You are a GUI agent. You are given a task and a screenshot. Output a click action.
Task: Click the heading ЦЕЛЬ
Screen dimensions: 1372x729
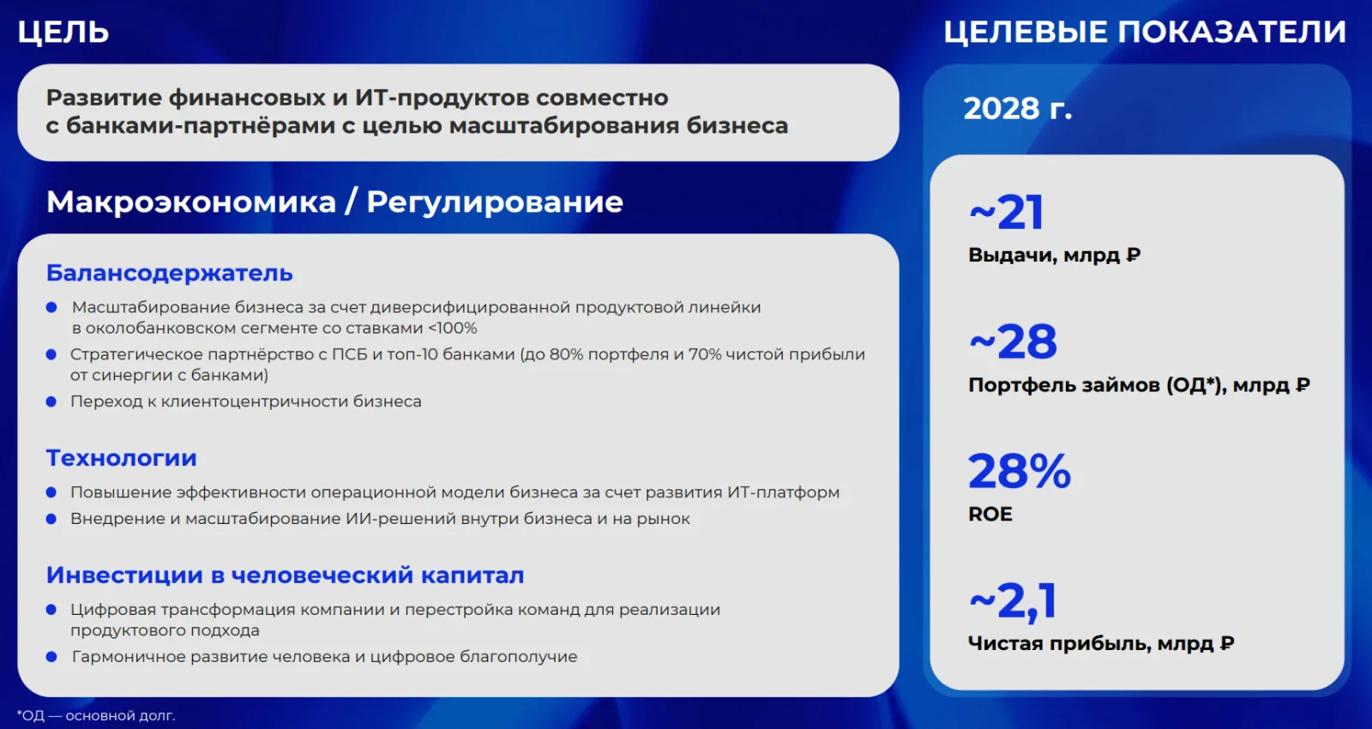[63, 32]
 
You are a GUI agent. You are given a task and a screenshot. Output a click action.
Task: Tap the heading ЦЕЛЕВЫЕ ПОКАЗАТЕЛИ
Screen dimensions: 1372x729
[1144, 32]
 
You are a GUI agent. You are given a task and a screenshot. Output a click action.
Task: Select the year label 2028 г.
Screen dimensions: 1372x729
[1017, 108]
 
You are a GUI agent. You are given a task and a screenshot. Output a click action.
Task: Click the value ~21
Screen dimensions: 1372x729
[1006, 213]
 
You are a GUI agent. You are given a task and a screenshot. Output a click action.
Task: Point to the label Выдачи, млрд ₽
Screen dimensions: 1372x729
[1054, 255]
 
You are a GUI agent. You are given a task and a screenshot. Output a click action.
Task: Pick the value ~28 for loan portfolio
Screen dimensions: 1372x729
[1013, 342]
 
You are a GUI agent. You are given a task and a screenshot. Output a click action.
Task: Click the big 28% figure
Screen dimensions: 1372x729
[1020, 471]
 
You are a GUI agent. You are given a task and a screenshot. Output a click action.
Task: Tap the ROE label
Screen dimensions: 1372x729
[990, 514]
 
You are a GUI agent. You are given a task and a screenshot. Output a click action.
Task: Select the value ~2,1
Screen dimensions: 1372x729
[1013, 602]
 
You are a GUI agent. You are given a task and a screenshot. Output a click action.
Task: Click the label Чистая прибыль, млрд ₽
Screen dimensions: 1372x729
[1101, 643]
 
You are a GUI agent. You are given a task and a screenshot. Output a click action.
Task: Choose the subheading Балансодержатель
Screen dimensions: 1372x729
[169, 274]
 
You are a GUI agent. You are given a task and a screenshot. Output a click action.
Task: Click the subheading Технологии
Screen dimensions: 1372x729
[121, 458]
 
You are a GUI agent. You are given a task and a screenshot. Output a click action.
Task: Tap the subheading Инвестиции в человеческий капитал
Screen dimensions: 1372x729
[285, 575]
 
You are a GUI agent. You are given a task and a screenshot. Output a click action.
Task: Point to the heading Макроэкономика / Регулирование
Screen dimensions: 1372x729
[334, 202]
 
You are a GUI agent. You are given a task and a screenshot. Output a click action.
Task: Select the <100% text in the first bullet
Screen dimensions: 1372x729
[452, 328]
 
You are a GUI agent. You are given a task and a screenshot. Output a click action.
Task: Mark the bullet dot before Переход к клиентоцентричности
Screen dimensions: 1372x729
[51, 402]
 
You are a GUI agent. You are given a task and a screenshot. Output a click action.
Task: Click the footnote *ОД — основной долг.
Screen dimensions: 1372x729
[95, 715]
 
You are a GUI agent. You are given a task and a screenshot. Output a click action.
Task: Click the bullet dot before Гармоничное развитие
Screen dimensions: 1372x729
[51, 657]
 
